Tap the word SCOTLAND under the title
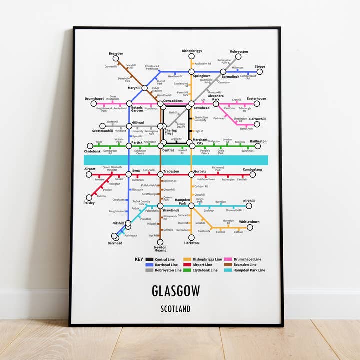point(175,309)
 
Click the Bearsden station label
point(116,53)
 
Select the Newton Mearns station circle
point(160,242)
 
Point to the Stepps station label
point(260,66)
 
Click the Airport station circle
point(89,174)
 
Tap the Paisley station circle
point(89,198)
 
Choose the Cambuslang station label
point(252,169)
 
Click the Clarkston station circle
point(191,238)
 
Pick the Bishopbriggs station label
point(191,51)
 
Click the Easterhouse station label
point(256,99)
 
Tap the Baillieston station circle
point(258,146)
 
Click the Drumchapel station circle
point(101,104)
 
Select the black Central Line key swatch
point(149,260)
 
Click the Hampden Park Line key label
point(248,270)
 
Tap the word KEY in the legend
point(139,260)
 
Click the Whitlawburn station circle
point(249,227)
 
